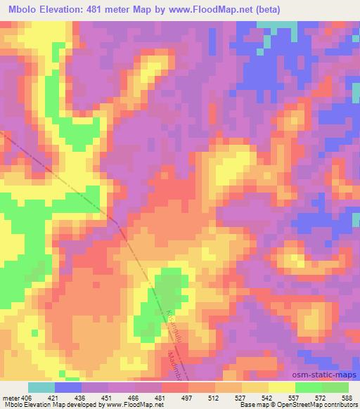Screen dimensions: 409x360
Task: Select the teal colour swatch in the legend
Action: pos(41,387)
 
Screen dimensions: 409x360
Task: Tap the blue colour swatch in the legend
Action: pos(68,387)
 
